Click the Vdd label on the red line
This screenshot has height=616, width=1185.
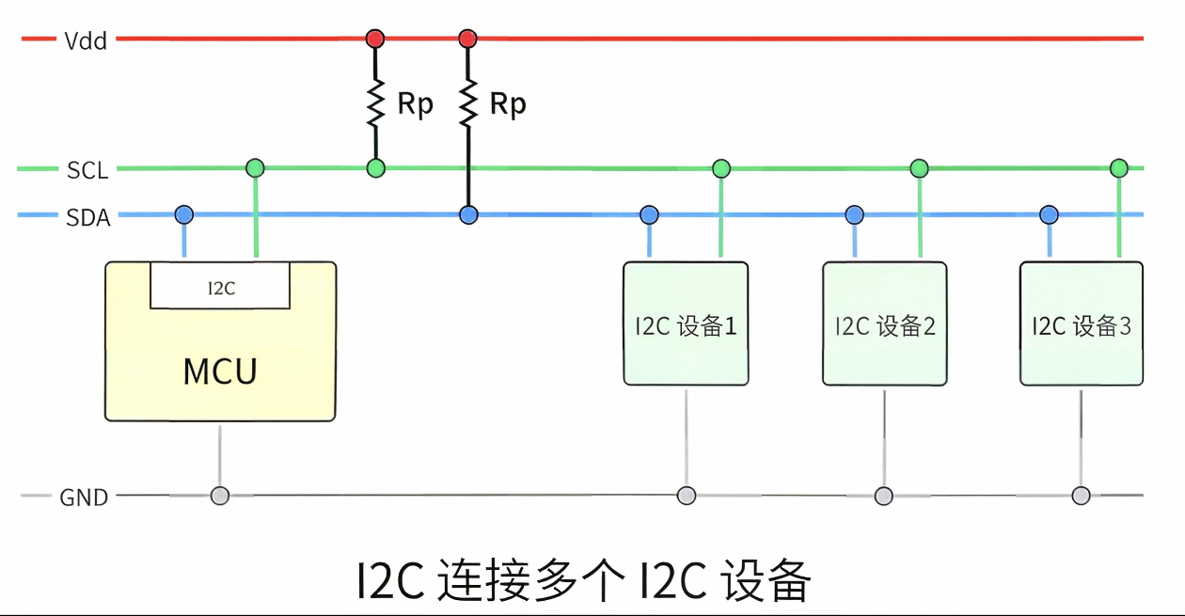(86, 40)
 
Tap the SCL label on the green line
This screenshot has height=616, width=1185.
(87, 170)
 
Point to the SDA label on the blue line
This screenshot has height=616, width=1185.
(87, 217)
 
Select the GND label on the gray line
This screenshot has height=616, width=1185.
(84, 498)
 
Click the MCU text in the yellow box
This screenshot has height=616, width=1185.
(220, 371)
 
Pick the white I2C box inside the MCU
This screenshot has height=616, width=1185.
(220, 286)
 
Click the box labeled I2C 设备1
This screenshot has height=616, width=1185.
(686, 324)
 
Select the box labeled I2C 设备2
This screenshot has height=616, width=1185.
(884, 324)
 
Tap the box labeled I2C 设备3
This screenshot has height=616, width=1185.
(1082, 324)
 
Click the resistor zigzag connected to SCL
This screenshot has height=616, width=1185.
(375, 103)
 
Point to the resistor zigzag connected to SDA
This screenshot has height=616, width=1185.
(468, 103)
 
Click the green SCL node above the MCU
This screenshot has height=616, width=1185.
(256, 168)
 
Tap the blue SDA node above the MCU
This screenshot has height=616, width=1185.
(184, 214)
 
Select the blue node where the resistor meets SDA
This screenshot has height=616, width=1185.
(468, 214)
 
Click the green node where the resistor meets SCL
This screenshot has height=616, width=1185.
(375, 168)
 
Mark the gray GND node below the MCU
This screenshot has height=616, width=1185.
(220, 496)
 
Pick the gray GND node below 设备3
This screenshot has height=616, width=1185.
(1081, 496)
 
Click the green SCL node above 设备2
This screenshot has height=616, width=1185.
(920, 168)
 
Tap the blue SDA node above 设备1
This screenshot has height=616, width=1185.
(649, 214)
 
